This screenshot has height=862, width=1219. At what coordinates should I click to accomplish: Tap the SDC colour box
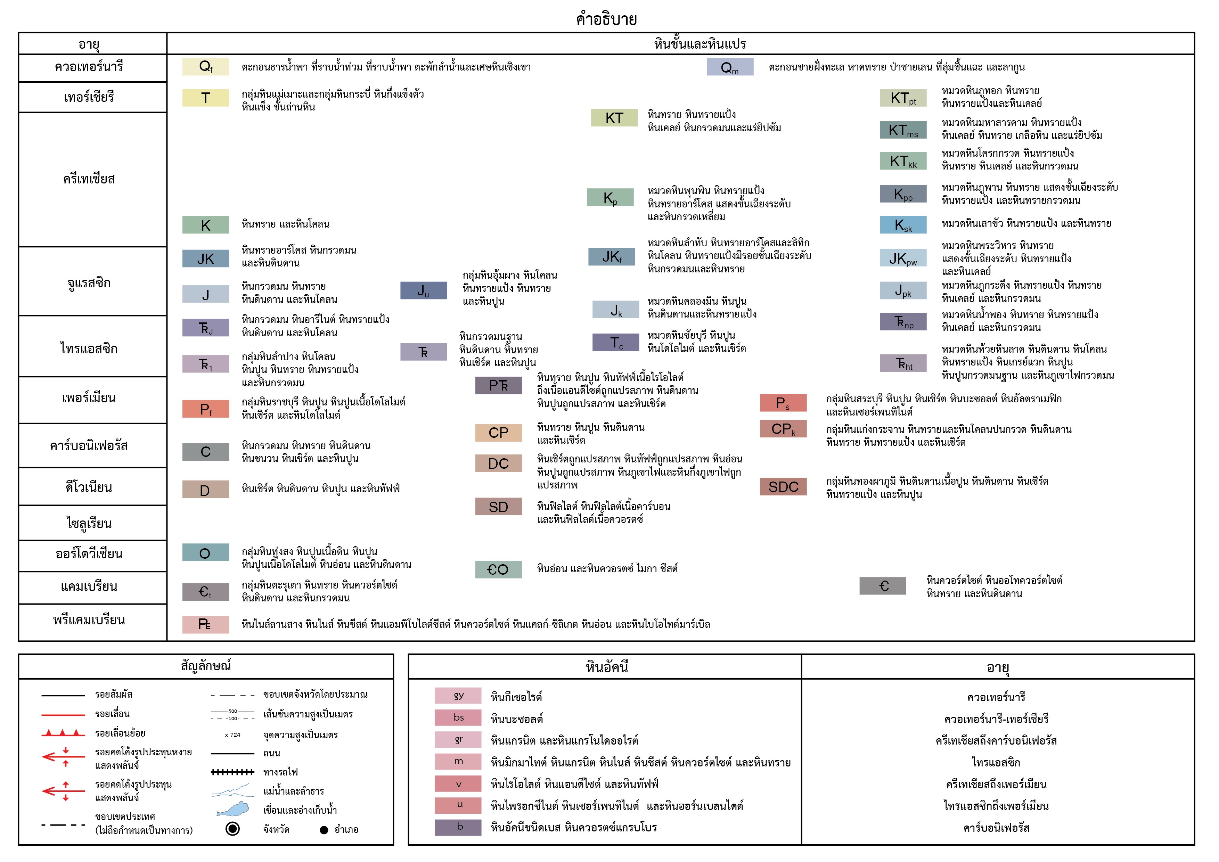point(783,487)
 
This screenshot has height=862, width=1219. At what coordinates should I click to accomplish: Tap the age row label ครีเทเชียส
point(89,179)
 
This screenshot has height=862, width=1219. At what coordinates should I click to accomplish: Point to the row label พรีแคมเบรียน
point(89,620)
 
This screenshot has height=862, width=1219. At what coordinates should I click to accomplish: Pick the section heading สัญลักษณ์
point(206,666)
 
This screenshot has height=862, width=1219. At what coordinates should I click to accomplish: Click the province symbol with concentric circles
point(232,829)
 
